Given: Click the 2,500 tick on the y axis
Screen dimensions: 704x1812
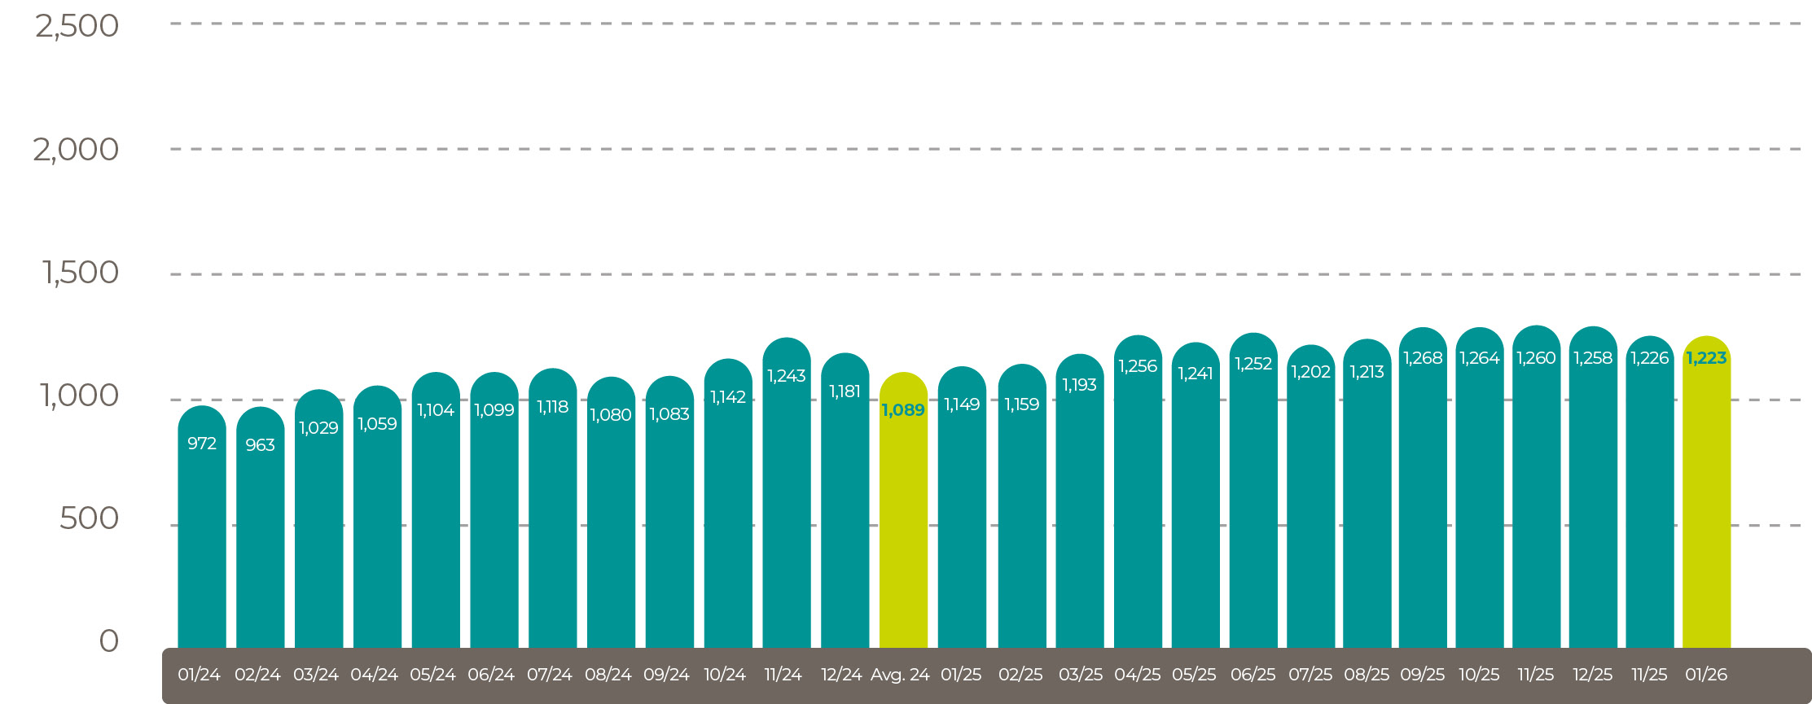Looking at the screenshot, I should tap(77, 26).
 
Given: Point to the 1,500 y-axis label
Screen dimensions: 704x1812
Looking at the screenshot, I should tap(80, 273).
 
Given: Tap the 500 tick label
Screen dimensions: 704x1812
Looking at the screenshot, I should tap(89, 518).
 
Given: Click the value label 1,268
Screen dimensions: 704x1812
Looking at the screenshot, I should tap(1423, 358).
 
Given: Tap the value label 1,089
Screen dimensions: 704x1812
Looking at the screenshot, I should tap(903, 410).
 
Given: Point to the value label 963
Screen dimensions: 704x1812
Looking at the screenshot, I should tap(260, 445).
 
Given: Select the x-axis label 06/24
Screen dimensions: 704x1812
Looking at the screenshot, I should tap(491, 675).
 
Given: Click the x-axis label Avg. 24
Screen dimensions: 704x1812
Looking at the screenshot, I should tap(900, 675).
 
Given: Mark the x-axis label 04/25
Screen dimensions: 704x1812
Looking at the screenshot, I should tap(1138, 675).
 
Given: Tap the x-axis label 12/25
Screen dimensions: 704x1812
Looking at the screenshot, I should tap(1592, 675).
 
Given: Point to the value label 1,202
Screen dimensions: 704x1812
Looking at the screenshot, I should tap(1310, 372).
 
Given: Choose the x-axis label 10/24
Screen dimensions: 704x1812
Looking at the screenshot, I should tap(725, 675).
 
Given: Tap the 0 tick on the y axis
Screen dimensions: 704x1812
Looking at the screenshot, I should tap(109, 641).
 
